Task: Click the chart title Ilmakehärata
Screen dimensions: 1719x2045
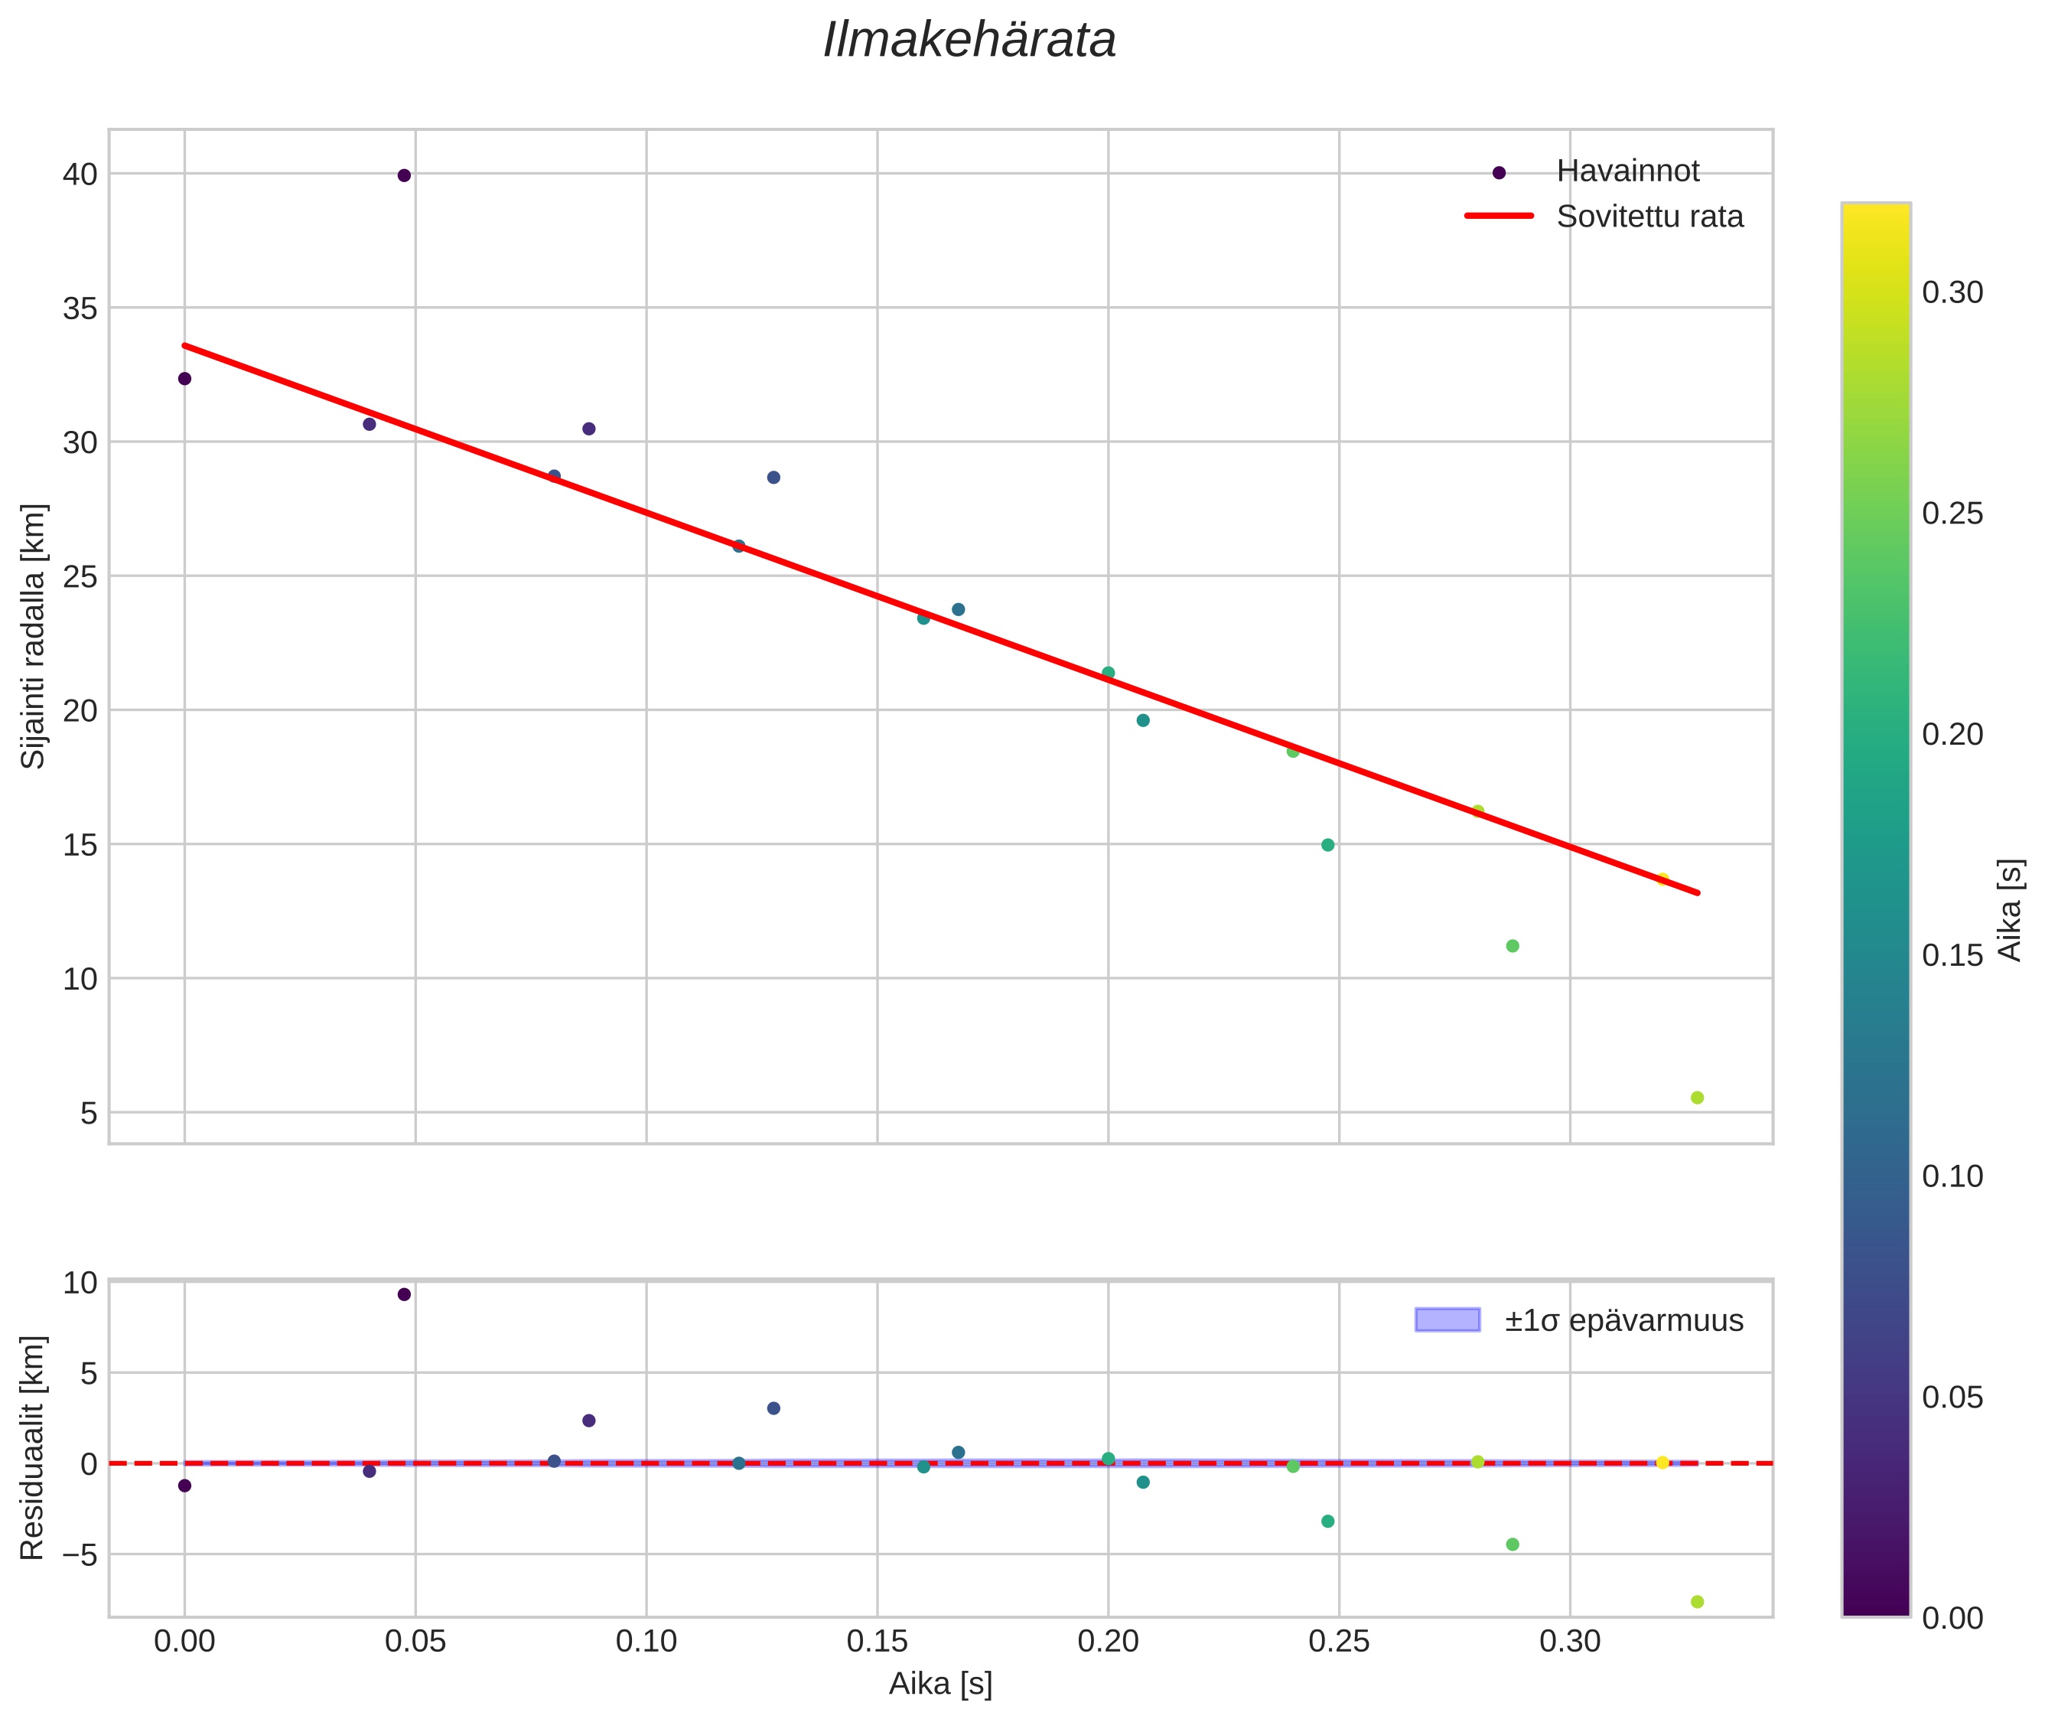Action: pyautogui.click(x=969, y=41)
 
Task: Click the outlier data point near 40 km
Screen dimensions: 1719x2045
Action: pyautogui.click(x=404, y=175)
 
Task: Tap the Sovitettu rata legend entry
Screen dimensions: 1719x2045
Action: pyautogui.click(x=1649, y=217)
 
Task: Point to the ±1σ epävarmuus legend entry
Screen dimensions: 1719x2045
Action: pyautogui.click(x=1622, y=1320)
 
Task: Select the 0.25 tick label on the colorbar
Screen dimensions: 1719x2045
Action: pyautogui.click(x=1952, y=514)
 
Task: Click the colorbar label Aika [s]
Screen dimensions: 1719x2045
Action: pyautogui.click(x=2009, y=909)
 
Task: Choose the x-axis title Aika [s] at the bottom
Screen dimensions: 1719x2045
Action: pyautogui.click(x=940, y=1684)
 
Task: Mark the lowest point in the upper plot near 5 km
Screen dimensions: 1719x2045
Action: pyautogui.click(x=1697, y=1098)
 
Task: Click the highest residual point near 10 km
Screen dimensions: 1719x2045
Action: pyautogui.click(x=404, y=1294)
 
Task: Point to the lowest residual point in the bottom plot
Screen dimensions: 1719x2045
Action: pyautogui.click(x=1697, y=1602)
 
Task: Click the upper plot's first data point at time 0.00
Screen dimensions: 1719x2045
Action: pyautogui.click(x=185, y=378)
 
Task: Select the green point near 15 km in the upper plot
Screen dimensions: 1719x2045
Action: pyautogui.click(x=1328, y=845)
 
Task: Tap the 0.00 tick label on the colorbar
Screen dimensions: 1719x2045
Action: pyautogui.click(x=1952, y=1619)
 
